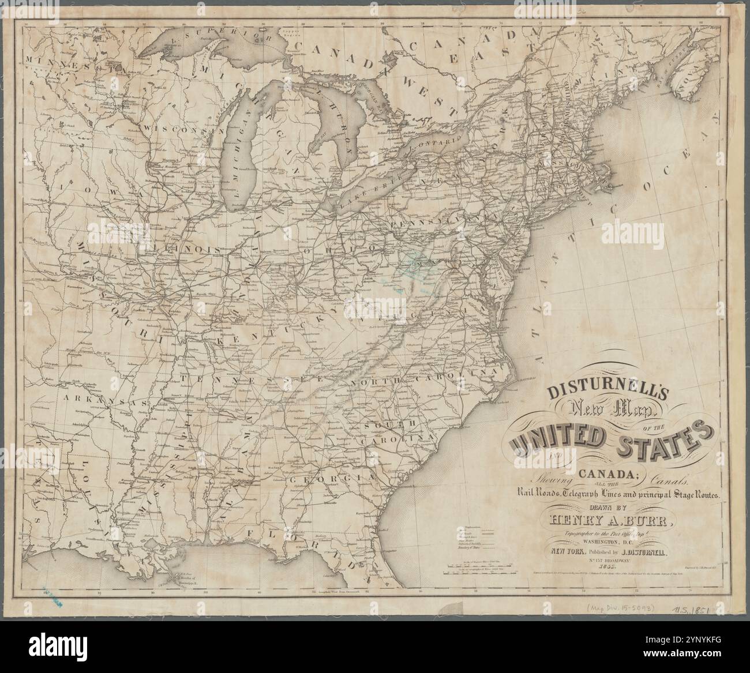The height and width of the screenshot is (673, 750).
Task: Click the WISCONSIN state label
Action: coord(177,129)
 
